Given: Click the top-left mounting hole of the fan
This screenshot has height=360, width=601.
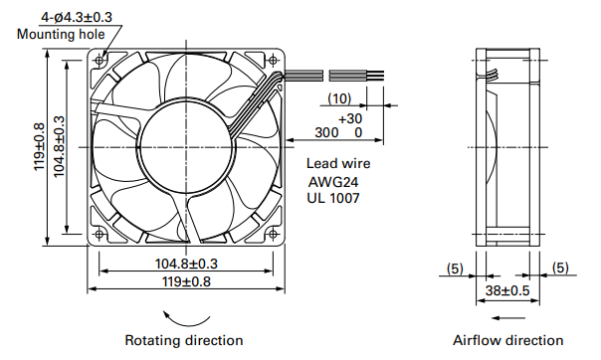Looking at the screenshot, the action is [x=100, y=60].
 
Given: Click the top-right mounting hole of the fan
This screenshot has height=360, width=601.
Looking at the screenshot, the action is [x=273, y=60].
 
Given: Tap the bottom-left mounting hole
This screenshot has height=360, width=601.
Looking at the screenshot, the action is [x=100, y=234].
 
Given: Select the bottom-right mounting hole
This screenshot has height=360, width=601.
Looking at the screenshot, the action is [x=273, y=234].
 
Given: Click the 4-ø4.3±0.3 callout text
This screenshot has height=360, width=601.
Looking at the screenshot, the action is [x=77, y=17].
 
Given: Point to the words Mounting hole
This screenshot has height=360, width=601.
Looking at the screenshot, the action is [x=61, y=34].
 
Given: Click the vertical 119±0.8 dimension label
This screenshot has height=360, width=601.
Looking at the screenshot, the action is [x=40, y=146].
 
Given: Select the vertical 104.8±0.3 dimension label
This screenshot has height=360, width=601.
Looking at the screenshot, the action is [x=59, y=146].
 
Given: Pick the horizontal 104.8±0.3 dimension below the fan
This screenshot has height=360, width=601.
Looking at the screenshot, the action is [x=186, y=264].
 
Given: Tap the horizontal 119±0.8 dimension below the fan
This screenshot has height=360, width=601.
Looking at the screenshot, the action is [x=186, y=281].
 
